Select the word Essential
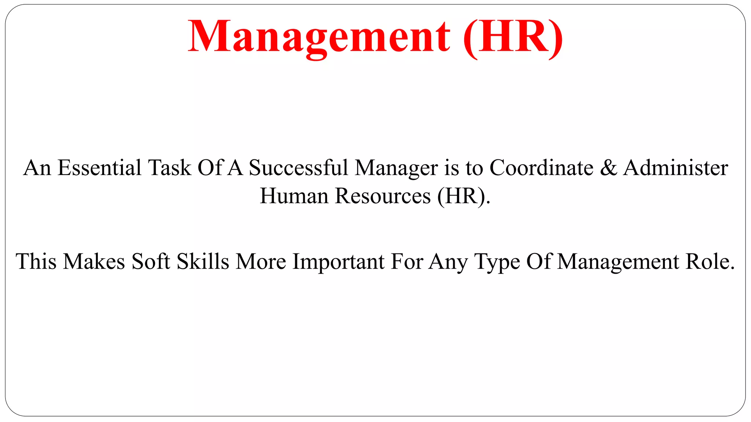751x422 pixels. [x=99, y=168]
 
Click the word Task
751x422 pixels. [x=169, y=168]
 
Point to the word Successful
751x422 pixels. [x=298, y=168]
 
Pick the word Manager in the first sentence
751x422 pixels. [x=396, y=169]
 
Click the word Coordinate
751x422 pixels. [x=541, y=168]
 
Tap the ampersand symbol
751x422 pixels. [x=609, y=168]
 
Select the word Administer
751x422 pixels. [x=675, y=168]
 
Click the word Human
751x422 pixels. [x=294, y=196]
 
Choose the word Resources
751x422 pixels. [x=383, y=196]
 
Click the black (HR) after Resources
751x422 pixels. [x=464, y=196]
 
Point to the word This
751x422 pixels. [x=36, y=262]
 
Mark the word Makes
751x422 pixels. [x=94, y=262]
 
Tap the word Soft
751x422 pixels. [x=151, y=262]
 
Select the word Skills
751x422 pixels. [x=203, y=262]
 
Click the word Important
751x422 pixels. [x=338, y=262]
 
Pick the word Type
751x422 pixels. [x=497, y=262]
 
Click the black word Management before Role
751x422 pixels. [x=618, y=262]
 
